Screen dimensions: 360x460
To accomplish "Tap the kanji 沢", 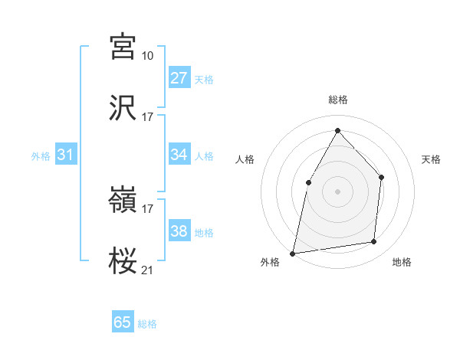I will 123,108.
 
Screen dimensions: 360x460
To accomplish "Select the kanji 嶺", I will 123,200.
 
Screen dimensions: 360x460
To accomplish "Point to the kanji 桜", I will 123,261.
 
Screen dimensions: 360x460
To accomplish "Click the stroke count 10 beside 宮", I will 147,56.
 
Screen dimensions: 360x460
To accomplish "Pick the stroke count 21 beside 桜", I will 147,270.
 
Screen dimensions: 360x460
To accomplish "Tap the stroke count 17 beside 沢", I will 147,117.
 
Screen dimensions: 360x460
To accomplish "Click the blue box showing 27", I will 179,78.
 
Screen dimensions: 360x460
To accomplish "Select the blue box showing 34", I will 179,155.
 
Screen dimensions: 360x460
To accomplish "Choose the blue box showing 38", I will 179,231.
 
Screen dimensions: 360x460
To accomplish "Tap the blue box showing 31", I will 66,155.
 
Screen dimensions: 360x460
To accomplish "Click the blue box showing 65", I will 123,322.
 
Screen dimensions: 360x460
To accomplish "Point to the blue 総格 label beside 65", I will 147,324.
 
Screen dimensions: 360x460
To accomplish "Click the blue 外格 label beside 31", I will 41,156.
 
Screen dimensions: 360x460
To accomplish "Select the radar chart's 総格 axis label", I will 338,100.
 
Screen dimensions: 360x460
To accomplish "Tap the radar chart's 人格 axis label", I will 245,159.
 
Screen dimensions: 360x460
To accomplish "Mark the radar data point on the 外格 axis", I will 292,253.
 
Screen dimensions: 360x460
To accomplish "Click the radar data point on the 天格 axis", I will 382,178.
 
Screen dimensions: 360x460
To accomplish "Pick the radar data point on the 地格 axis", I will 374,241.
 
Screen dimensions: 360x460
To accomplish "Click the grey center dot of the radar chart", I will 337,191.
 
